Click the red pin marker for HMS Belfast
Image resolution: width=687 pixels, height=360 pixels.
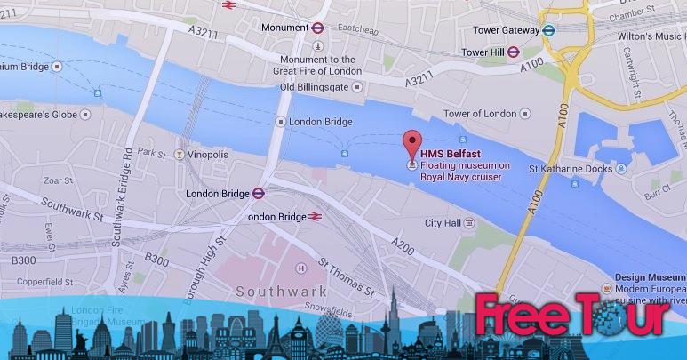coord(411,142)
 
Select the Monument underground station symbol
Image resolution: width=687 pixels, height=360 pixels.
coord(318,27)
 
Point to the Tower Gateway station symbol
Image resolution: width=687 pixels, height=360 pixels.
coord(550,29)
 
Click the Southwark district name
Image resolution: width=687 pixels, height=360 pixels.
coord(275,292)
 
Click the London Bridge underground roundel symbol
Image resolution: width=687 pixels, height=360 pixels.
coord(256,192)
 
